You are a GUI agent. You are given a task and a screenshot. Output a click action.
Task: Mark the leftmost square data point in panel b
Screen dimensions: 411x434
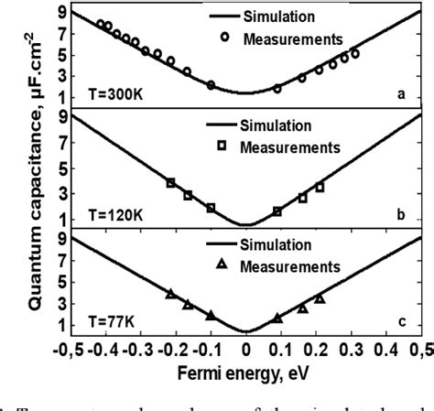coord(170,183)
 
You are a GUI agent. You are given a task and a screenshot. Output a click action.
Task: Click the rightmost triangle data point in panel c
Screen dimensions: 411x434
coord(320,299)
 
